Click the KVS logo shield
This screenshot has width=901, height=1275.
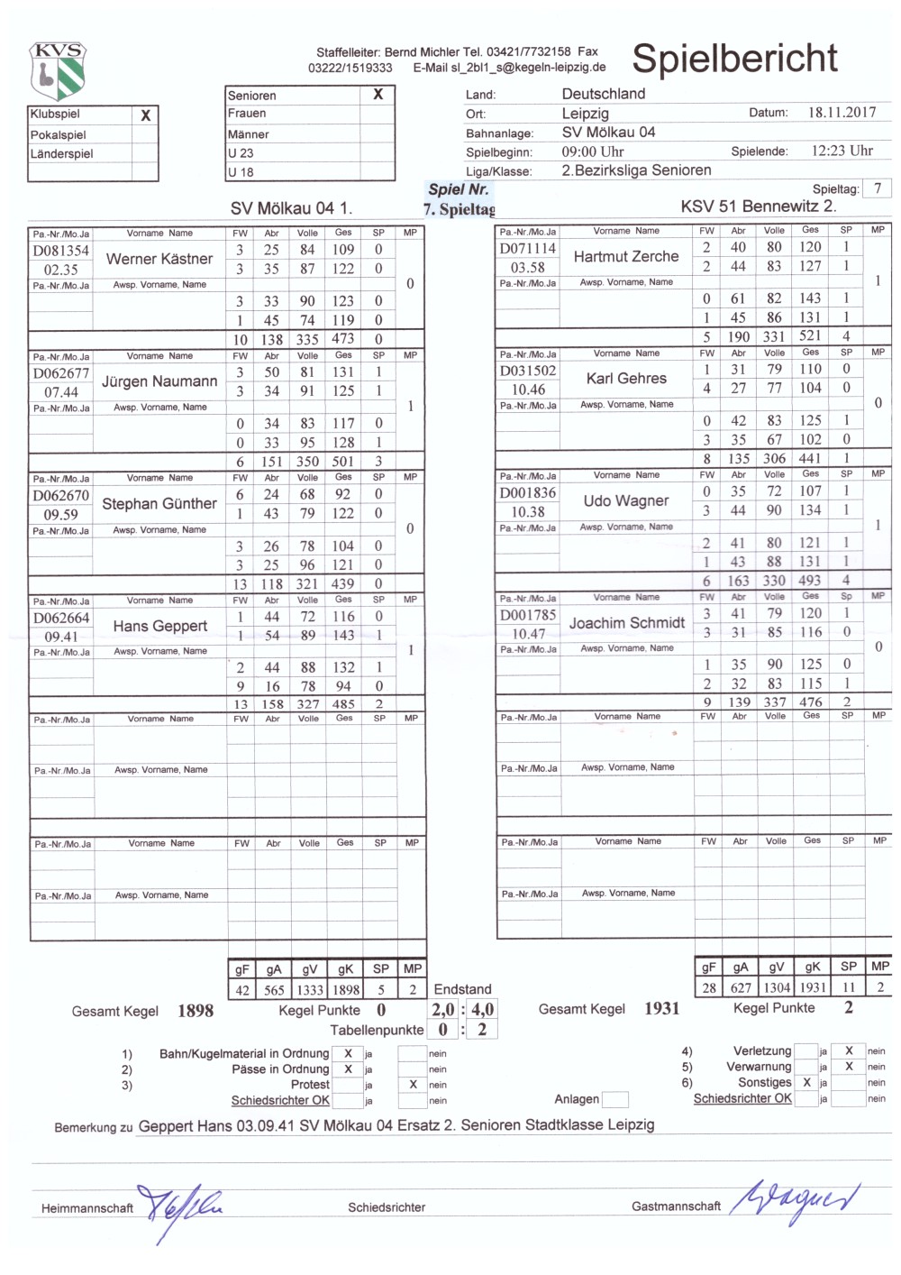[58, 70]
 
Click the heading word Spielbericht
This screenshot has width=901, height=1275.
[734, 59]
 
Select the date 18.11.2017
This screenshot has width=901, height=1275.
[842, 113]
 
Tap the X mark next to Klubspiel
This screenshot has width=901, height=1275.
[146, 115]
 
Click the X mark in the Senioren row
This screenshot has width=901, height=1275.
[378, 95]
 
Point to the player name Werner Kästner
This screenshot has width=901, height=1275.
[159, 259]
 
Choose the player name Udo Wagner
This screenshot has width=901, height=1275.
[626, 500]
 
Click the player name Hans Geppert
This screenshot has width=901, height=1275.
[160, 626]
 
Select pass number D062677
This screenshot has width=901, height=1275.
[61, 373]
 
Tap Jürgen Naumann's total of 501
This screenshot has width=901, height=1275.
[343, 462]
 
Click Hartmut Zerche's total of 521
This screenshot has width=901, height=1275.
[810, 336]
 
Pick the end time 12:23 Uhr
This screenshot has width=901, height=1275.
[842, 151]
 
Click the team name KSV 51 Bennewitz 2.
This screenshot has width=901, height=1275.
[759, 206]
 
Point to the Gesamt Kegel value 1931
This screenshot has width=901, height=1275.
[661, 1009]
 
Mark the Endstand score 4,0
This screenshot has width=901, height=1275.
[483, 1010]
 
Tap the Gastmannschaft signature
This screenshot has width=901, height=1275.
[793, 1202]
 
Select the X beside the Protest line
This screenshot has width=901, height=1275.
[413, 1085]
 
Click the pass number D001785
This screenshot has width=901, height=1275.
[528, 615]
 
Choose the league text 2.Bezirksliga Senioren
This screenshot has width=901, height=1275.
[636, 170]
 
